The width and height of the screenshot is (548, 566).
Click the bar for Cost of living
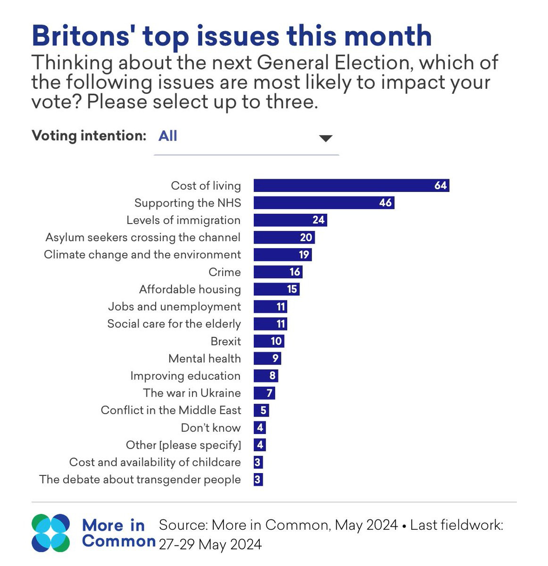pos(351,185)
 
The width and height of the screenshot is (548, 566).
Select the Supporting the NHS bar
pos(324,203)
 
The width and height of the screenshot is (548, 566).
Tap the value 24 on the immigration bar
pos(318,220)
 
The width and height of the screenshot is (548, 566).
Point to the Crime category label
pos(224,272)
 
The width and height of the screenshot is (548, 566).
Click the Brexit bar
pos(269,341)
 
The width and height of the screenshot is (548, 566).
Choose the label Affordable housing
pos(190,290)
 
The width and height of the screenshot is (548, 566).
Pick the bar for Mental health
pos(267,358)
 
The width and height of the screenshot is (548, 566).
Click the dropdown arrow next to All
pos(325,138)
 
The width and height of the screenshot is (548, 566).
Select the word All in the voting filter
pos(167,136)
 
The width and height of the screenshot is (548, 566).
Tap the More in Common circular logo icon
pos(50,533)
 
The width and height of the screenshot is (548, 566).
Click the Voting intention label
pos(89,136)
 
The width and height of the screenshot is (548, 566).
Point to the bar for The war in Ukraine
pos(264,393)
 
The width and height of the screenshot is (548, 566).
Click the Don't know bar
pos(259,427)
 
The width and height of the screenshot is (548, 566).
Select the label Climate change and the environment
pos(142,255)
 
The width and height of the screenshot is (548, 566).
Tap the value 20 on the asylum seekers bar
pos(306,237)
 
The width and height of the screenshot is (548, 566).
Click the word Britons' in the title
pos(81,36)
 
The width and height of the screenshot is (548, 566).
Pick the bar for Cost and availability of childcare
pos(258,462)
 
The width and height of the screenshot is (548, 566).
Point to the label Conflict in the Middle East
pos(171,410)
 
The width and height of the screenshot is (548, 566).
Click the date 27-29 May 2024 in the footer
pos(210,544)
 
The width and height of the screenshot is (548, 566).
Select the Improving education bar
pos(266,376)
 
